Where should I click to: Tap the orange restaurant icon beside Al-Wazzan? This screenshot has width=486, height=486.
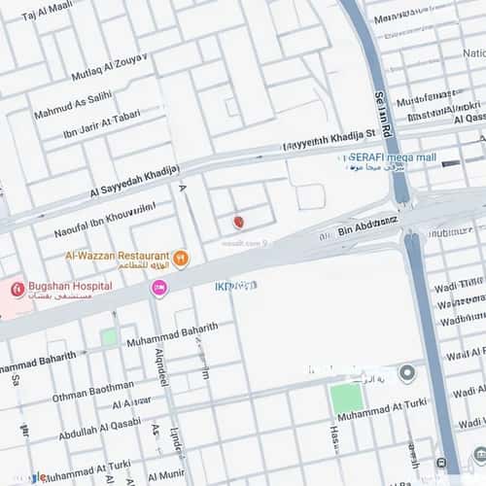click(x=181, y=260)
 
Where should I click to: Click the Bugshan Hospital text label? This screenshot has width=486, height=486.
click(x=69, y=286)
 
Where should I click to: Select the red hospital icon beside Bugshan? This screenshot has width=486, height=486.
click(x=16, y=289)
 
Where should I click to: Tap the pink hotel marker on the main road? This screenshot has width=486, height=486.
click(x=158, y=288)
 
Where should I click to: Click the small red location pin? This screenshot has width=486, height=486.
click(x=238, y=223)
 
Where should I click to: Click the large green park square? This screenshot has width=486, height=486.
click(x=346, y=399)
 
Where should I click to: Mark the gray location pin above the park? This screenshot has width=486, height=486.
click(x=407, y=373)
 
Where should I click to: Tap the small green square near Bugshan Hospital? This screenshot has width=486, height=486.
click(x=110, y=337)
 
